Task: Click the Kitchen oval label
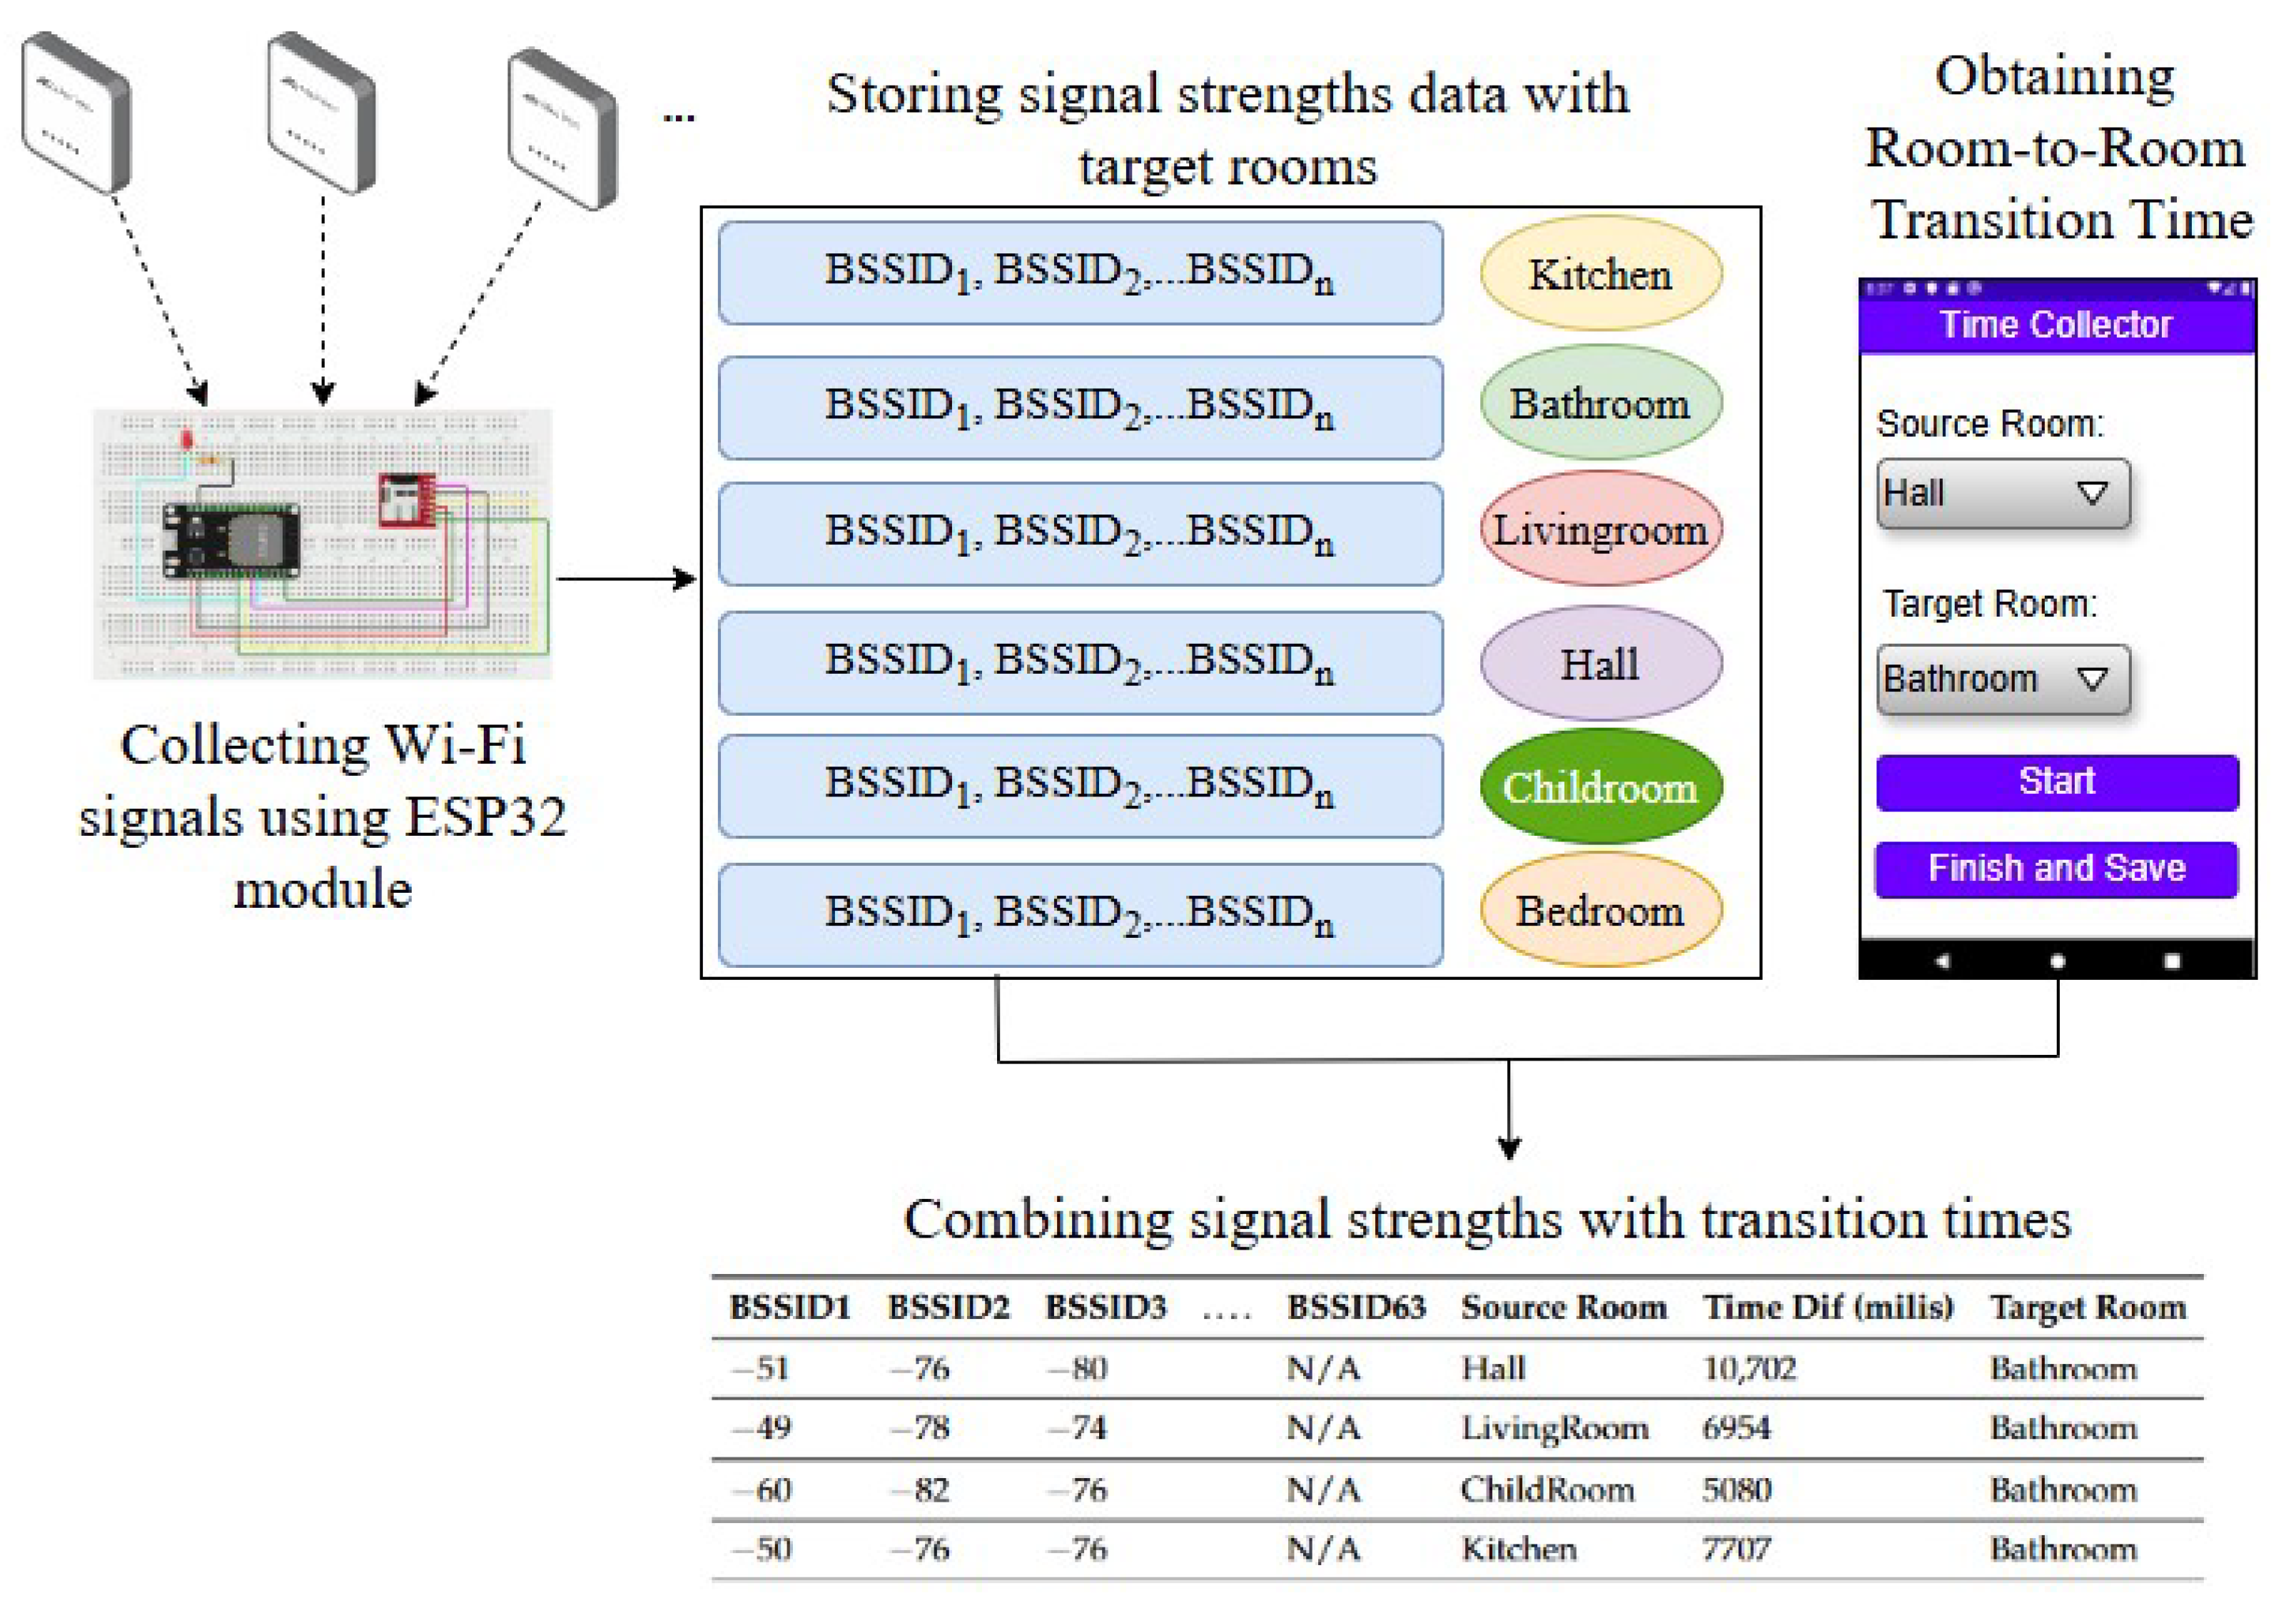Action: tap(1600, 274)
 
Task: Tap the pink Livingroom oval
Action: tap(1600, 530)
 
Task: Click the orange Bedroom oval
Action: tap(1600, 911)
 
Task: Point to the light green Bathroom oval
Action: tap(1600, 403)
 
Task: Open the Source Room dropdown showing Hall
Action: tap(2003, 494)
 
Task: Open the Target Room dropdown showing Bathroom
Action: tap(2003, 679)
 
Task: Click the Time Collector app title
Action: tap(2056, 325)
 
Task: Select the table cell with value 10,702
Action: tap(1749, 1369)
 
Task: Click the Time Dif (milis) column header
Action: tap(1828, 1307)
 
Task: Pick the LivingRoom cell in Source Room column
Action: tap(1554, 1428)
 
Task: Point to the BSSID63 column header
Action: tap(1356, 1307)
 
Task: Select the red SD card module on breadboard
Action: tap(406, 500)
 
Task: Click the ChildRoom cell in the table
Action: tap(1547, 1489)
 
